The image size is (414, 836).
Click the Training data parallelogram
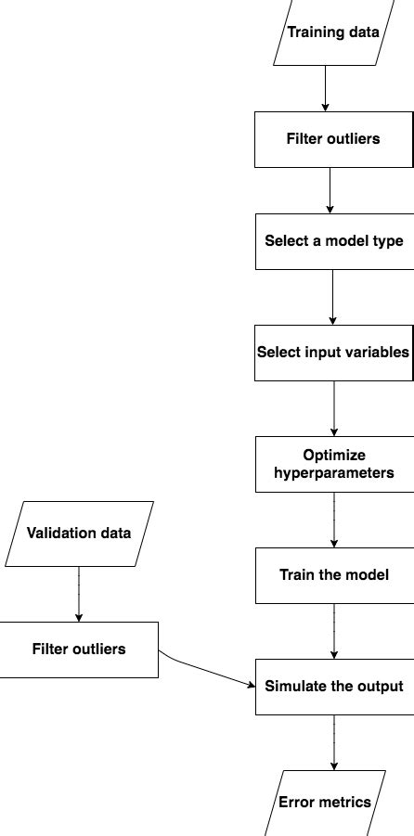333,33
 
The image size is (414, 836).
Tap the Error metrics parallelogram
325,802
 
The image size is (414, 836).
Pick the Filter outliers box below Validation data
79,650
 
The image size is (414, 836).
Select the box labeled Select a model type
333,241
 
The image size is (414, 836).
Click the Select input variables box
333,353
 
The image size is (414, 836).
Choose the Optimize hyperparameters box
333,464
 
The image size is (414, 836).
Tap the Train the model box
333,575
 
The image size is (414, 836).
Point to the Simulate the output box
333,687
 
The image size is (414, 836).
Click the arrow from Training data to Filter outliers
325,89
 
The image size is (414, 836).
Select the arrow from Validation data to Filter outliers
79,594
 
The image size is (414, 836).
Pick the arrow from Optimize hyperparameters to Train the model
333,520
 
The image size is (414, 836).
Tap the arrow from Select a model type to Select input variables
333,297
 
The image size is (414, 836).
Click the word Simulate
294,687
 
